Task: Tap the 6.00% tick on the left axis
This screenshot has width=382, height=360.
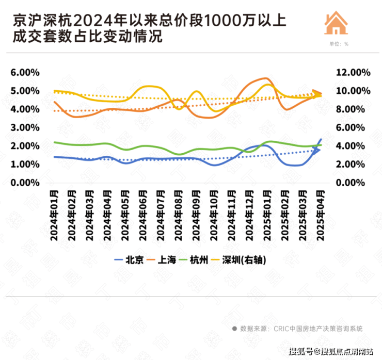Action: (25, 73)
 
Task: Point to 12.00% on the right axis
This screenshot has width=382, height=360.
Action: (353, 73)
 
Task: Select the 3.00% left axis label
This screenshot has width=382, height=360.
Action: (25, 128)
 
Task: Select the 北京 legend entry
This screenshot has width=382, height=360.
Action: (129, 260)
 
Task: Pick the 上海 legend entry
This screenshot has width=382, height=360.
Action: (165, 260)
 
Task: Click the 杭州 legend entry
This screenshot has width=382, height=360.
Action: (200, 260)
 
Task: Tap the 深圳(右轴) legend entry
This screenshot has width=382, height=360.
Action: (248, 260)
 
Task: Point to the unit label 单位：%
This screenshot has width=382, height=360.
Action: (339, 44)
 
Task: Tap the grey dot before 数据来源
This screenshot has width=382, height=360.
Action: (234, 328)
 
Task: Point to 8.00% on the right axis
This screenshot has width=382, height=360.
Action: (353, 109)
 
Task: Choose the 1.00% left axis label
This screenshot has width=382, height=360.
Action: (25, 165)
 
